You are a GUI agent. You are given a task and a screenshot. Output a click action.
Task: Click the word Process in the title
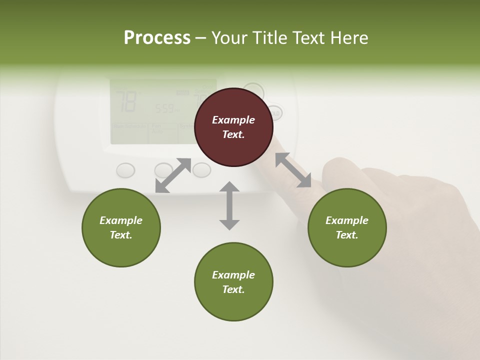coord(157,38)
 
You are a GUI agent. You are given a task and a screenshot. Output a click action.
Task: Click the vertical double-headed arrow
coord(229,205)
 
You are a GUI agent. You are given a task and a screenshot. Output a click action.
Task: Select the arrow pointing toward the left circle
coord(173,175)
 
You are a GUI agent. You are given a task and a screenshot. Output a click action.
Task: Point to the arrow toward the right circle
coord(293,170)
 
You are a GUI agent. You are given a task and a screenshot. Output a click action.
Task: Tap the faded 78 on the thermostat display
coord(126,101)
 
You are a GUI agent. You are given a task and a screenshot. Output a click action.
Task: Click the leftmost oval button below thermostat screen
coord(125,170)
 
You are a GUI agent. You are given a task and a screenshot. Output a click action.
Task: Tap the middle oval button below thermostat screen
coord(163,170)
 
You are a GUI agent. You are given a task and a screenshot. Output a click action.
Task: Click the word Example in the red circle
coord(233,120)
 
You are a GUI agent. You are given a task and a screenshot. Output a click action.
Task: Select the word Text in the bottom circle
coord(233,289)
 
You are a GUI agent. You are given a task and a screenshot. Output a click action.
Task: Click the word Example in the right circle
coord(347,220)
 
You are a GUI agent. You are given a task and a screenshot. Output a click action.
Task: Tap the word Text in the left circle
coord(121,235)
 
